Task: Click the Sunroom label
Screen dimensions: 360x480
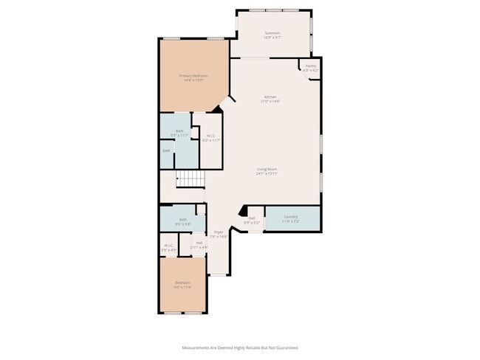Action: click(x=272, y=33)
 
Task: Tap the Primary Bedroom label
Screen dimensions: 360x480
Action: click(x=193, y=75)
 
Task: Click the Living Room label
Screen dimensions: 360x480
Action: click(x=267, y=170)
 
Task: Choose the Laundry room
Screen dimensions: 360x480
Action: click(x=291, y=217)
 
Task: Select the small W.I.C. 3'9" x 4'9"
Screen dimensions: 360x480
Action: click(x=168, y=247)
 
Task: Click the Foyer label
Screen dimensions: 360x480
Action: click(x=219, y=232)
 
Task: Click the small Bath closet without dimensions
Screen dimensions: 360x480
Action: click(x=167, y=151)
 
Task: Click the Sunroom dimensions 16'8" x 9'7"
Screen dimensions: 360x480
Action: click(x=272, y=37)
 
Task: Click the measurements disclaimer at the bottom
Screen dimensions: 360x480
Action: click(x=240, y=347)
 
